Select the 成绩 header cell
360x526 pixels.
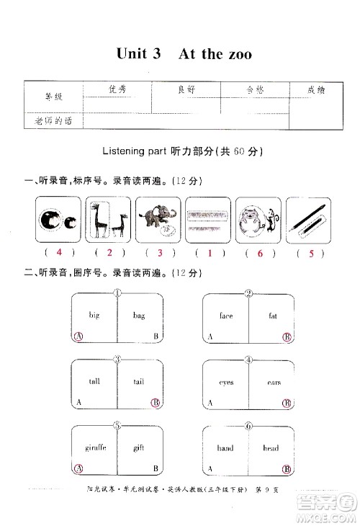[316, 90]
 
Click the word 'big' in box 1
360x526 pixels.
[94, 315]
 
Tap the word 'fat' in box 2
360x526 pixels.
[273, 315]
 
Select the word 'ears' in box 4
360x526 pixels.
[273, 382]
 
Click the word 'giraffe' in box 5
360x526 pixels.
[96, 447]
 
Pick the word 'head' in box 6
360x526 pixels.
[271, 447]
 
